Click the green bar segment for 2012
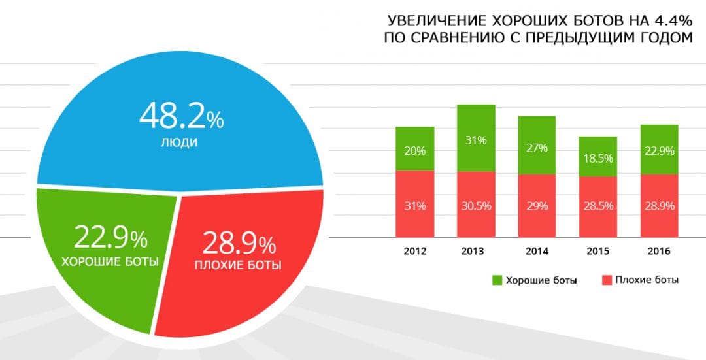tap(414, 149)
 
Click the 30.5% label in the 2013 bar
tap(476, 205)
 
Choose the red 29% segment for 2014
tap(537, 206)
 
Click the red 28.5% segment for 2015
tap(597, 206)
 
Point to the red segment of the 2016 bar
tap(658, 206)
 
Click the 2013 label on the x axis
tap(476, 251)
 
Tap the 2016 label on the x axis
tap(658, 251)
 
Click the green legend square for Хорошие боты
tap(497, 280)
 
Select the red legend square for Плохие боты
tap(605, 280)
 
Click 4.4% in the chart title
tap(673, 19)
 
